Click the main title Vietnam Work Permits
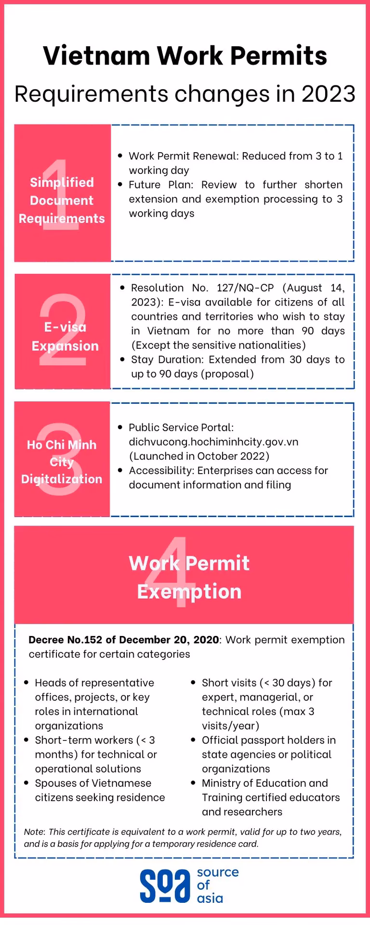185,56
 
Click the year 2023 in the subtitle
328,94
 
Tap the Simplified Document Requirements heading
62,200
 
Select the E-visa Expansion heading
65,336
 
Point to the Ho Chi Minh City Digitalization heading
62,462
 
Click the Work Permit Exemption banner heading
189,577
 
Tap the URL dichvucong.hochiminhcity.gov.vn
213,442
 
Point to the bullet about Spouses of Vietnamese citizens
100,790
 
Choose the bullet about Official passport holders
268,754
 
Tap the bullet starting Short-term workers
95,754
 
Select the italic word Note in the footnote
34,832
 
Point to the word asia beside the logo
210,899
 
